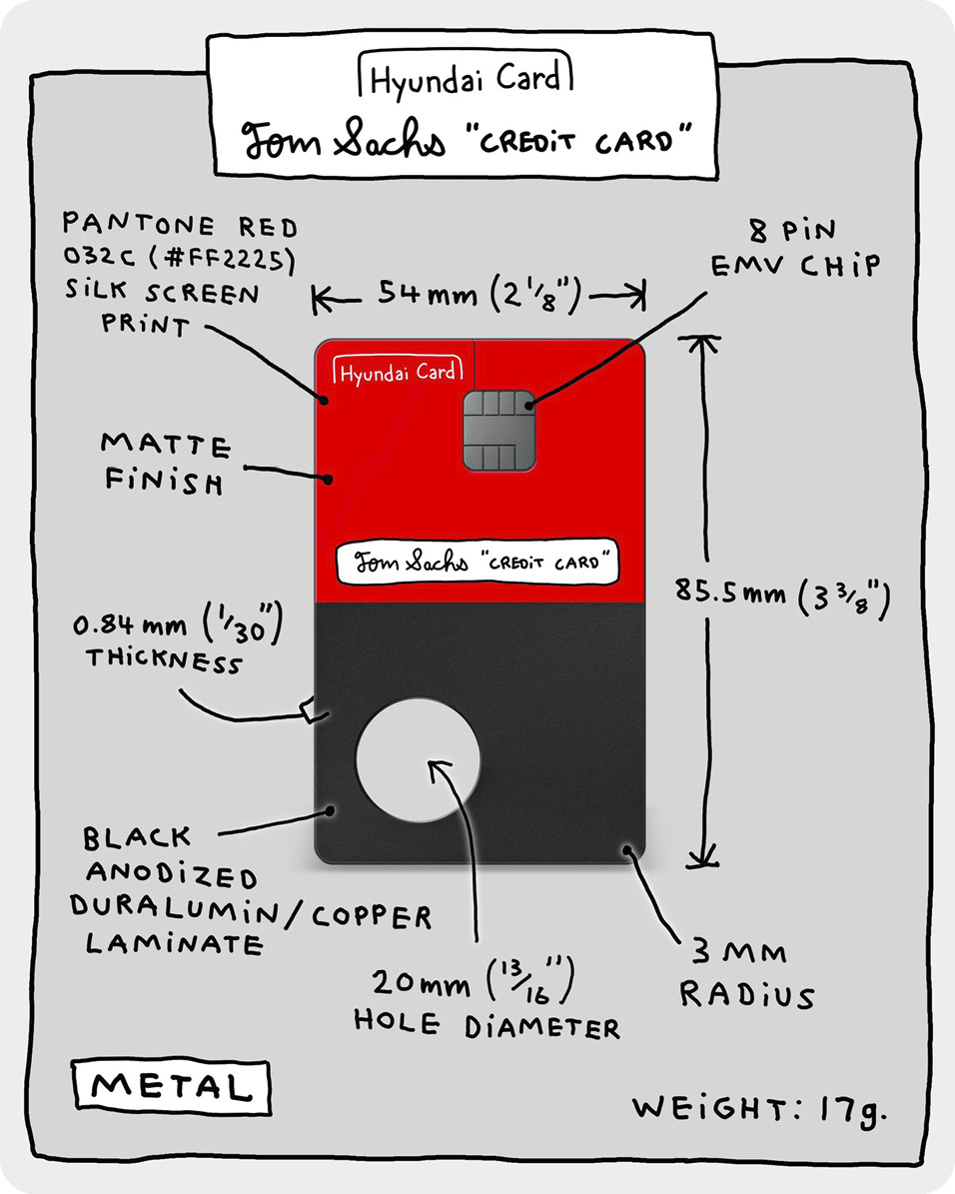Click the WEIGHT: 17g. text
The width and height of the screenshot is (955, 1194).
click(x=759, y=1108)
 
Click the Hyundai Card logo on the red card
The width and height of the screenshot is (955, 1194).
click(x=398, y=373)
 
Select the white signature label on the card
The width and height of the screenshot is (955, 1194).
click(x=477, y=563)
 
